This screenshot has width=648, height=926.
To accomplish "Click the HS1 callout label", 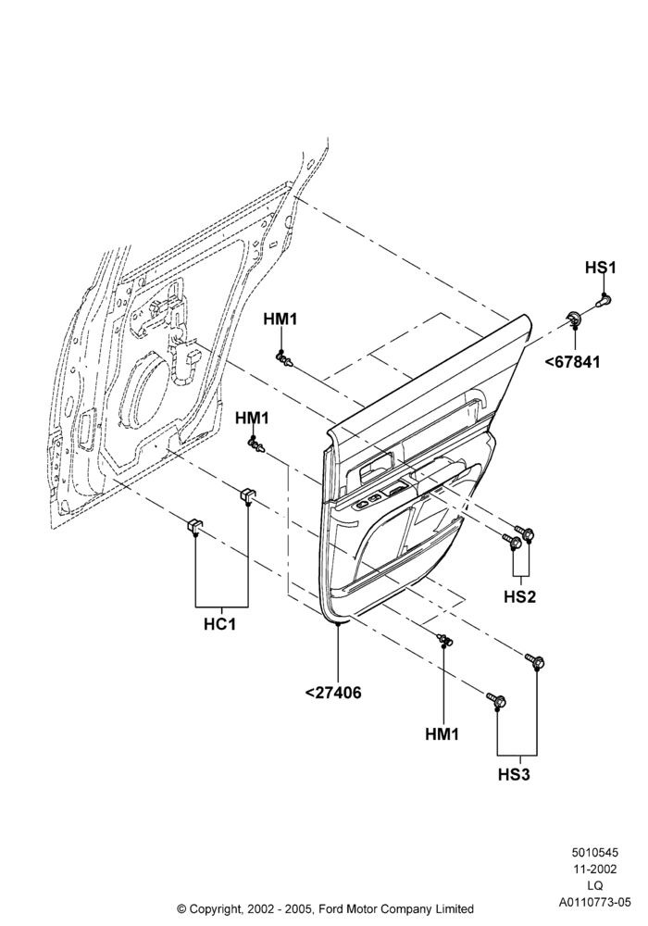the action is [600, 268].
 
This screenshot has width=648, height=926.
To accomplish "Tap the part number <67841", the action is [572, 361].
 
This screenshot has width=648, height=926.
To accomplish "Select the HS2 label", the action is [520, 596].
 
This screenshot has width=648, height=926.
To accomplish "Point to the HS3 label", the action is [514, 774].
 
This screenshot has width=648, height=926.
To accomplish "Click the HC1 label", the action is [219, 623].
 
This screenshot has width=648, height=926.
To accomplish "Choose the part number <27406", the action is [333, 692].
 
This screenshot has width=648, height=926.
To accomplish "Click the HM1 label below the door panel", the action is [442, 734].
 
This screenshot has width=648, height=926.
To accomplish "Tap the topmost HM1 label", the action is [280, 319].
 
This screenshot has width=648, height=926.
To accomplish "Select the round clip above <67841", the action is [574, 318].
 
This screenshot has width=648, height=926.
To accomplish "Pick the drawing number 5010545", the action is [595, 853].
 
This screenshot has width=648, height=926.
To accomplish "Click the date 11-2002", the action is [595, 870].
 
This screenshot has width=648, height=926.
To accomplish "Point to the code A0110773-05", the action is [595, 902].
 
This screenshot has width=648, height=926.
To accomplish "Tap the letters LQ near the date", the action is [595, 886].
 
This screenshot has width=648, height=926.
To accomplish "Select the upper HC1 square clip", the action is [246, 494].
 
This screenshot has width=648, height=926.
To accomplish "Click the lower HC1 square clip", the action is [194, 526].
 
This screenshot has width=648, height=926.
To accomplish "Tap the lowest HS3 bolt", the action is [497, 701].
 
